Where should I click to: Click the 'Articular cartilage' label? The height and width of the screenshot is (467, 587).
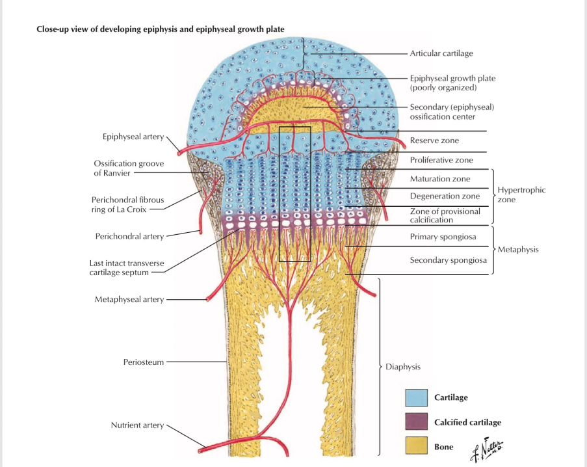point(441,53)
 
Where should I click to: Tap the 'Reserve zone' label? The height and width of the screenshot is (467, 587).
point(434,140)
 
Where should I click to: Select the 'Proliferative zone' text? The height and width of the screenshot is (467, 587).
point(441,160)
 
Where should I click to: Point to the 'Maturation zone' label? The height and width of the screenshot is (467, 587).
point(440,179)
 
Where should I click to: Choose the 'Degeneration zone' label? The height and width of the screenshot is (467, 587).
point(445,196)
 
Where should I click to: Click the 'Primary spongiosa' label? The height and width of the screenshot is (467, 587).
point(443,237)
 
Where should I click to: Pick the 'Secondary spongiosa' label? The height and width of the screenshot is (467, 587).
point(448,260)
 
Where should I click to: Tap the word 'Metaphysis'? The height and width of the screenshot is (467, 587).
point(518,250)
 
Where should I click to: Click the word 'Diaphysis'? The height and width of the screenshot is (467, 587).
point(403,367)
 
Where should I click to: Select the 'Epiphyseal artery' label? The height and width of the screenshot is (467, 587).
point(133,137)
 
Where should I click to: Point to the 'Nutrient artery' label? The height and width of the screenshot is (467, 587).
point(137,425)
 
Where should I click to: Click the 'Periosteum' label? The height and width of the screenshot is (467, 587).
point(144,362)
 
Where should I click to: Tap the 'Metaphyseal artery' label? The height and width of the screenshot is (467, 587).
point(129,299)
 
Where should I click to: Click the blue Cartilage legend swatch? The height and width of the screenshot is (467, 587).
point(416,397)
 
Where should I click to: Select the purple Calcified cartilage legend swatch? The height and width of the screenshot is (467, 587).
point(416,421)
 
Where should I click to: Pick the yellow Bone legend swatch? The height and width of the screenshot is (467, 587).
point(416,446)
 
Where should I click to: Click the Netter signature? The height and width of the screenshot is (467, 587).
point(487,449)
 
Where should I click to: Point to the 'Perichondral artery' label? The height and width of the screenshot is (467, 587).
point(129,236)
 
